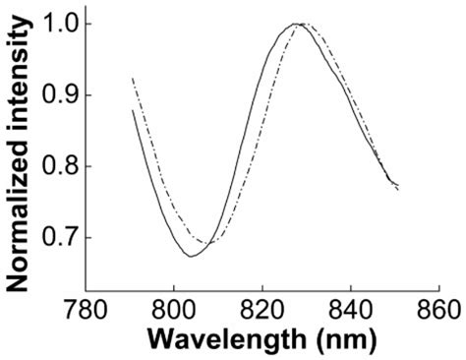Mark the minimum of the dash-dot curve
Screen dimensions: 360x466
pyautogui.click(x=209, y=242)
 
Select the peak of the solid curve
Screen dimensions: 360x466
pyautogui.click(x=295, y=24)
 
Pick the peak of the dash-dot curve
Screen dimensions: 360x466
pyautogui.click(x=304, y=24)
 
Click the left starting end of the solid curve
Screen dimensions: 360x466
pyautogui.click(x=133, y=111)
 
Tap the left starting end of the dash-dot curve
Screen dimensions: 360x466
pyautogui.click(x=133, y=78)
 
